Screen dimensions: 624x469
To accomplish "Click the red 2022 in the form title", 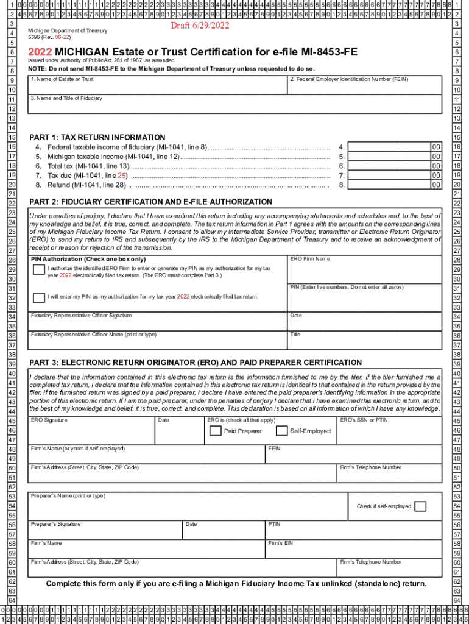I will tap(41, 52).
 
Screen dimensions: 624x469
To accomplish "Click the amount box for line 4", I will tap(390, 147).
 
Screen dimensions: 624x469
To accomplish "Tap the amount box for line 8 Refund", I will tap(390, 185).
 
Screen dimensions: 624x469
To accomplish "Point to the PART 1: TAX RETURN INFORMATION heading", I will tap(97, 137).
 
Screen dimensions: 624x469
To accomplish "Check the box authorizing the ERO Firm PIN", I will tap(38, 270).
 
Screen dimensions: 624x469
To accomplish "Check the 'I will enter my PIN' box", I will tap(38, 297).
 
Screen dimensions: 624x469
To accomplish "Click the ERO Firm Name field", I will tap(364, 269).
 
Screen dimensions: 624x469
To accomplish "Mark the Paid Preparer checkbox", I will tap(215, 431).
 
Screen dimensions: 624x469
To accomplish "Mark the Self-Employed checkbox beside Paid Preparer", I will tap(281, 431).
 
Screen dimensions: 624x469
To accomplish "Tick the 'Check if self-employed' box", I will tap(420, 506).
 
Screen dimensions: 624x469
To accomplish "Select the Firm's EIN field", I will tap(353, 548).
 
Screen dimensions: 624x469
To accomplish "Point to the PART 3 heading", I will tap(195, 363).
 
